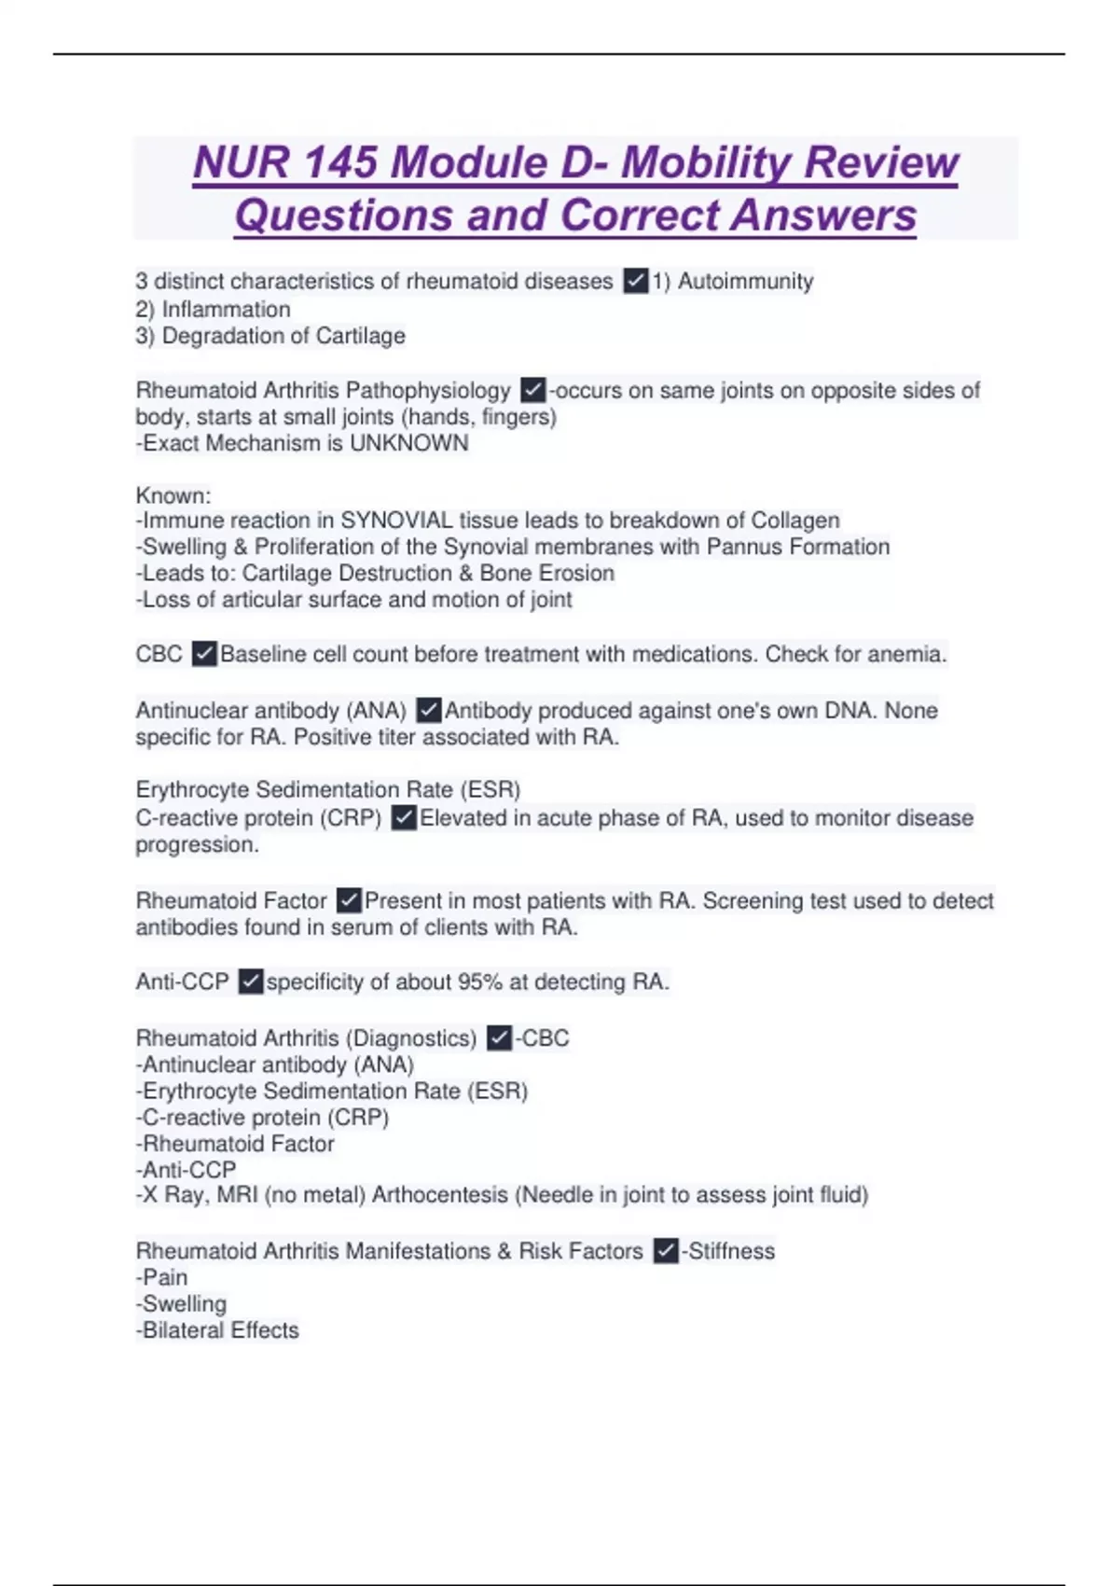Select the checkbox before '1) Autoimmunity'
636,281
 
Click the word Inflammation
226,309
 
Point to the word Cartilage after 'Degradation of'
360,336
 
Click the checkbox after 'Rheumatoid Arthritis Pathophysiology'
532,390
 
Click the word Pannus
744,547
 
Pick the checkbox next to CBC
204,654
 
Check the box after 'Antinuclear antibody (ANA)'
429,711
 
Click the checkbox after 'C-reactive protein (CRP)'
404,818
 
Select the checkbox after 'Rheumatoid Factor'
349,901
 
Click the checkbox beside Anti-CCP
251,982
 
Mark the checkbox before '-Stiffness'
666,1251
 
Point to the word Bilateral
183,1330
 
